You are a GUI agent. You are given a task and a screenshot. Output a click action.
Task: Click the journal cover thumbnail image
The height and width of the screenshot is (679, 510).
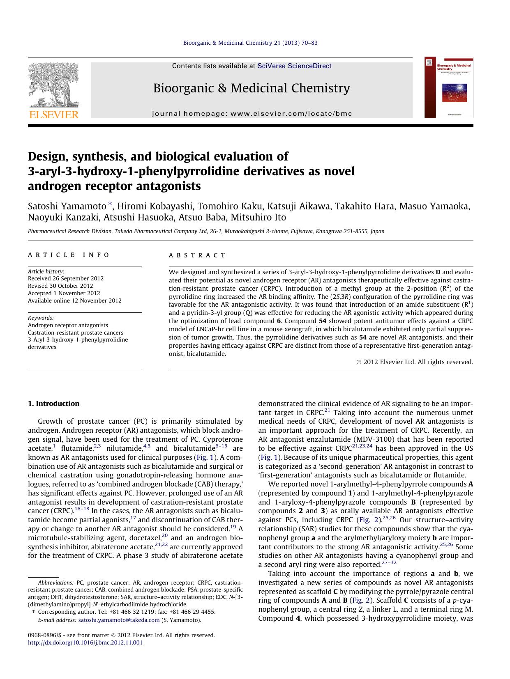[449, 87]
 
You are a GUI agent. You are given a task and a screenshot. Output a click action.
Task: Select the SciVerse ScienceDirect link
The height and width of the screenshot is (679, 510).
[294, 66]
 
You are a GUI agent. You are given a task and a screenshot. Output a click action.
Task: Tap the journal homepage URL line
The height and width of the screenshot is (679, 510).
[252, 114]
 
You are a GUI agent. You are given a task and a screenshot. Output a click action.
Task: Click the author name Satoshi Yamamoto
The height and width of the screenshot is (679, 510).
[67, 206]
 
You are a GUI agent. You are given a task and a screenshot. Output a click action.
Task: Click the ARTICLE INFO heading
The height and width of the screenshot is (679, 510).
[69, 255]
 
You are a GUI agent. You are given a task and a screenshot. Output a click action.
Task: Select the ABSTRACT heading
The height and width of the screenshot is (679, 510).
[197, 255]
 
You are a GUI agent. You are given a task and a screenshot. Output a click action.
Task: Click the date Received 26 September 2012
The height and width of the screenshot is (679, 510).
[66, 278]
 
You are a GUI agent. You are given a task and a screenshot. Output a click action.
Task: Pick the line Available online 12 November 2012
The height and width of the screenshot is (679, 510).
[74, 301]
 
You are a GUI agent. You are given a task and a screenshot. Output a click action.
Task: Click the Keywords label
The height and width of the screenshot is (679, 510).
[41, 318]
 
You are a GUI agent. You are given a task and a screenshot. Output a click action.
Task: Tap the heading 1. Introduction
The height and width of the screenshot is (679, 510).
[53, 404]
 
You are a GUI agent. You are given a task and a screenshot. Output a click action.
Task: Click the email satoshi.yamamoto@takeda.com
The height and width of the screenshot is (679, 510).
[119, 620]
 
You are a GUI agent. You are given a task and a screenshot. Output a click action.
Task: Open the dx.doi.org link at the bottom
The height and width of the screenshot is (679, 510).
[85, 642]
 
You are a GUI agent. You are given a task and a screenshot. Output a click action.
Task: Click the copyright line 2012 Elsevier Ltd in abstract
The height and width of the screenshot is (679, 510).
[415, 362]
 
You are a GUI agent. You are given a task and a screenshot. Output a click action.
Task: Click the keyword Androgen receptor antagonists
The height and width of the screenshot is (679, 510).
[68, 325]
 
